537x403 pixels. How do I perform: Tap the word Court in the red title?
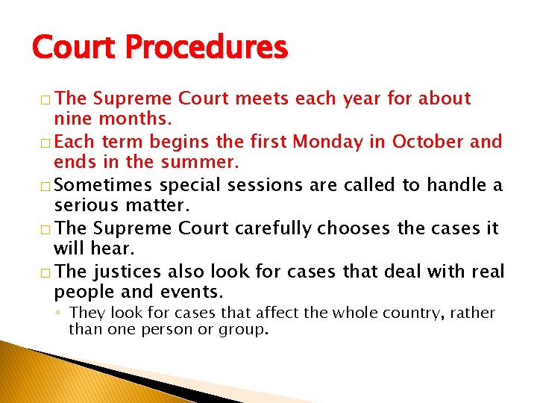pyautogui.click(x=72, y=48)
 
